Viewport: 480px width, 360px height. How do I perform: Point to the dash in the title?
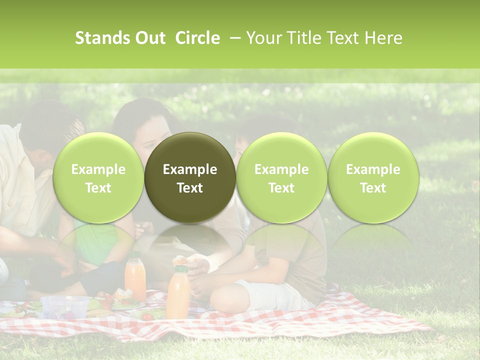[233, 38]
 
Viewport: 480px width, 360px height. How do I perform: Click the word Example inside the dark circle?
[190, 169]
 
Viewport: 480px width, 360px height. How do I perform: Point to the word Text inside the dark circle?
[190, 188]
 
